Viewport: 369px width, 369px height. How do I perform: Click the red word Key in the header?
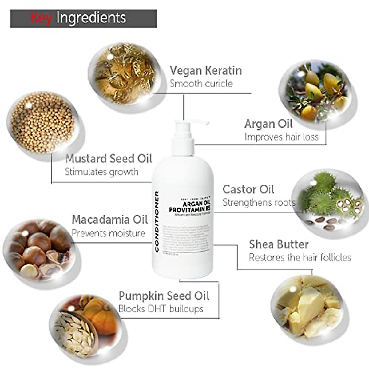(x=41, y=18)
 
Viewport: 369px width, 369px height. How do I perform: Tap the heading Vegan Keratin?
(x=206, y=71)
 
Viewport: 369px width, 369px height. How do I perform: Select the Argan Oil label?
(x=268, y=124)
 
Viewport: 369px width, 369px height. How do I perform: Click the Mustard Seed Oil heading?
(x=109, y=159)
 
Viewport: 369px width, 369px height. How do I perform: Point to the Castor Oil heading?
(x=248, y=189)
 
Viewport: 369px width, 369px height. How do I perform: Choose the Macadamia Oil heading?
(x=110, y=220)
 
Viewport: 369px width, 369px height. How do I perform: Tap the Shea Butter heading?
(x=279, y=244)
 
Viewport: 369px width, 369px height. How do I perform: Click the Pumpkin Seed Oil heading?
(x=164, y=296)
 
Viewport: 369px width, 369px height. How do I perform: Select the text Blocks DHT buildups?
(x=161, y=309)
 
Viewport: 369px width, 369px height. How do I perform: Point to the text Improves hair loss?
(x=281, y=137)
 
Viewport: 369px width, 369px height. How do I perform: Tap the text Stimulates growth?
(x=101, y=172)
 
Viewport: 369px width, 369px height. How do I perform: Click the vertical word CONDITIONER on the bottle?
(x=157, y=221)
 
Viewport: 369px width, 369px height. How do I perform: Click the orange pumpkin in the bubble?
(x=100, y=314)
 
